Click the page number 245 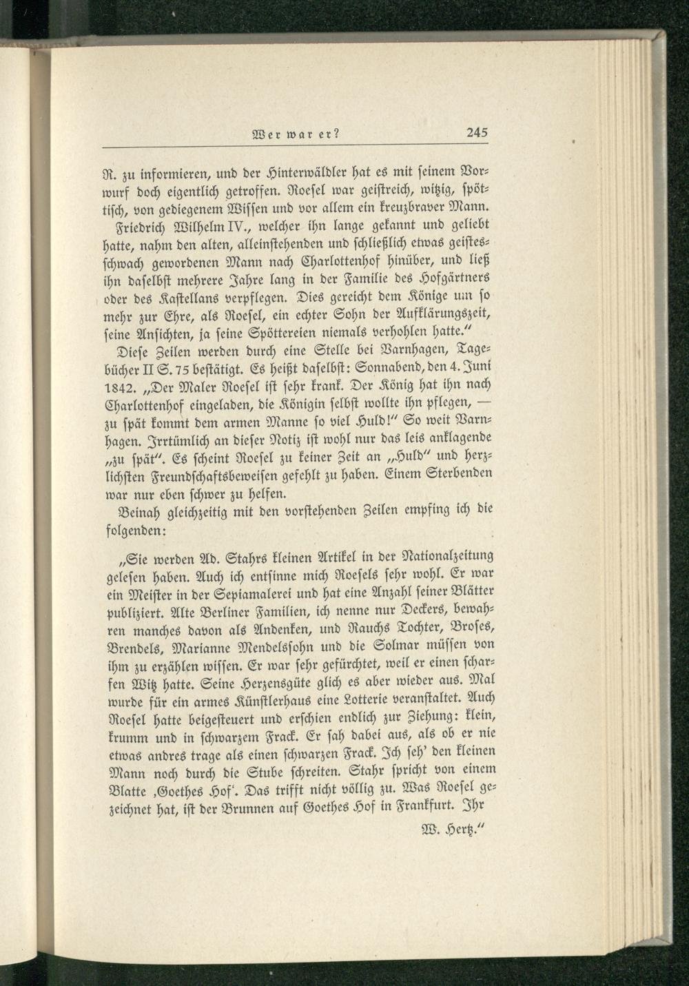[476, 135]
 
